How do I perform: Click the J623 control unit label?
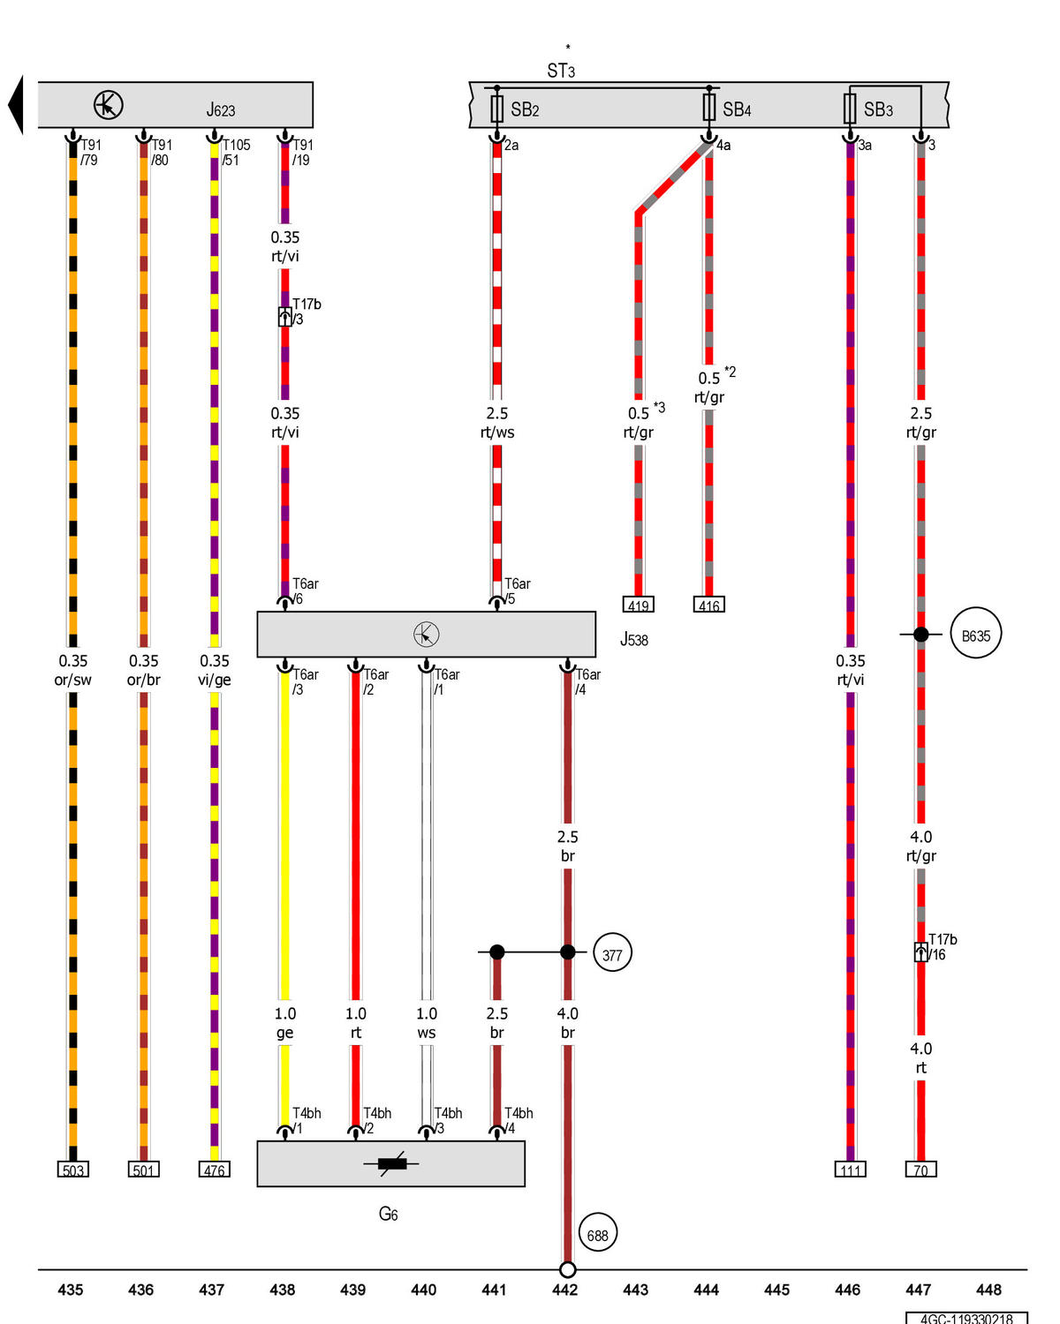point(221,110)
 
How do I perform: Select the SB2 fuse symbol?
point(496,109)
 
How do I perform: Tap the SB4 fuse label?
point(737,109)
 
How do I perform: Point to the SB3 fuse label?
point(878,109)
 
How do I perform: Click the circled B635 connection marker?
point(976,635)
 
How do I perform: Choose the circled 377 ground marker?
point(612,954)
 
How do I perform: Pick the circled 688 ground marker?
point(598,1235)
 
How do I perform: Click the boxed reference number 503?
point(73,1170)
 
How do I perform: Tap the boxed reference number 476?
point(215,1170)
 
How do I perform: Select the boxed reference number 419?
point(638,606)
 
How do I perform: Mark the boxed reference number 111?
point(851,1170)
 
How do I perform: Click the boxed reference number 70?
point(921,1170)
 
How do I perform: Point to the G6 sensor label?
point(389,1215)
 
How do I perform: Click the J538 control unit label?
point(634,640)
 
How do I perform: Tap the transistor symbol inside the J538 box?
point(426,635)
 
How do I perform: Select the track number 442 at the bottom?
point(565,1290)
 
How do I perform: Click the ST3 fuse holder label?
point(561,71)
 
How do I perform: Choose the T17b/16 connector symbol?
point(920,952)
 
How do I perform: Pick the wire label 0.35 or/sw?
point(73,670)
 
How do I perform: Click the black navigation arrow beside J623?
point(15,105)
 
